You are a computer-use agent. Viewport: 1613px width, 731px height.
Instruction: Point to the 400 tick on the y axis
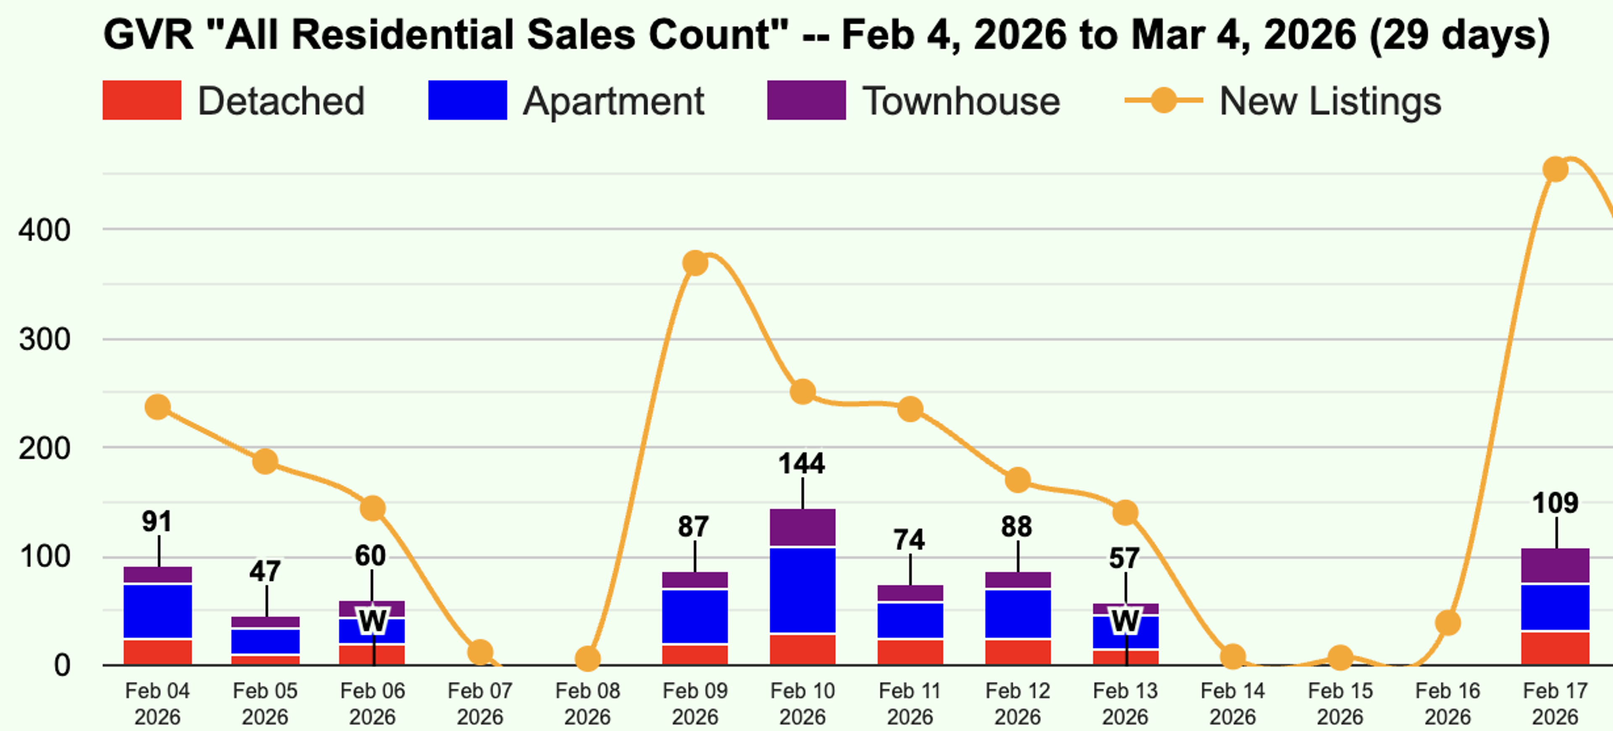[x=44, y=230]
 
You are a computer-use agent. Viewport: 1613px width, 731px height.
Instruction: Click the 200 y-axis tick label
[x=44, y=449]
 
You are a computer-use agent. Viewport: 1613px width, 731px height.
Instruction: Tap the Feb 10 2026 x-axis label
[x=802, y=703]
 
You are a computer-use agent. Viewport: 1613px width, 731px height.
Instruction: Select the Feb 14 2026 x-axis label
[x=1232, y=703]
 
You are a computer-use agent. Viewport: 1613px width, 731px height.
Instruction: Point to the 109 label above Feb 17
[x=1555, y=503]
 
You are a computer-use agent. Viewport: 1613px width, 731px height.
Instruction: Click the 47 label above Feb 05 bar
[x=265, y=571]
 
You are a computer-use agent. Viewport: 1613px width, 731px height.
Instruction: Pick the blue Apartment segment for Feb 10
[x=802, y=590]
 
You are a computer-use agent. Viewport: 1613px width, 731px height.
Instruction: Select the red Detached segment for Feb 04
[x=158, y=652]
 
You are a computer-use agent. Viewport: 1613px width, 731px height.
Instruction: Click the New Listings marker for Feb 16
[x=1447, y=623]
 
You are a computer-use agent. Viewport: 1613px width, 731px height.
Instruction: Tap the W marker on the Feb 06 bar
[x=373, y=621]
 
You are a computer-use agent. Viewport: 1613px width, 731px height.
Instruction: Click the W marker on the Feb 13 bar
[x=1125, y=621]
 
